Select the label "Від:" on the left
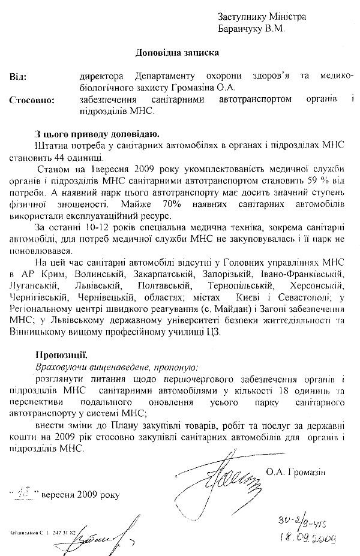[x=19, y=77]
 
